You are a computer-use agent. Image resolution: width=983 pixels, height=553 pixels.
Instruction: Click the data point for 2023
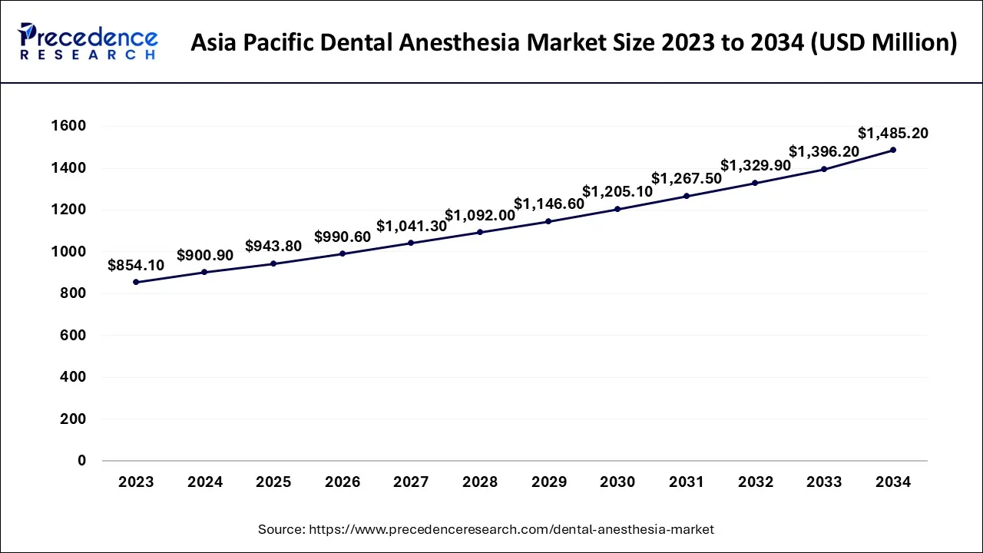coord(136,282)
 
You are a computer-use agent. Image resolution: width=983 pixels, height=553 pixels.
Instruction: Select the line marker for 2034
coord(893,150)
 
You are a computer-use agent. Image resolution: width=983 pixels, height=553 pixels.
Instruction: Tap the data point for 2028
coord(480,232)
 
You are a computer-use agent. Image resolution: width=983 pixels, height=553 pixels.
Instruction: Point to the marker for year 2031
coord(687,196)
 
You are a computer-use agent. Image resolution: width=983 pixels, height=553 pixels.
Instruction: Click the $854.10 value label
coord(136,265)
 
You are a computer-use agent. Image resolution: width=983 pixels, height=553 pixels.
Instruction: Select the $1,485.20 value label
coord(893,133)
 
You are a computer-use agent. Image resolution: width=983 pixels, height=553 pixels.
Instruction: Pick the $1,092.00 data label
coord(480,215)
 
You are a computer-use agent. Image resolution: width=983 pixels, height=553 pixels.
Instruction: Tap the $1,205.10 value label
coord(617,191)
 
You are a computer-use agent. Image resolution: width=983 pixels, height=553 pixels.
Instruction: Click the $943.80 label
coord(273,247)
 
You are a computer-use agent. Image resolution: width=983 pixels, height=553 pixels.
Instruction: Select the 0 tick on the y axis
coord(81,461)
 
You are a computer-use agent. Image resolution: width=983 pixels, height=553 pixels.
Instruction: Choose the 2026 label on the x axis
coord(343,482)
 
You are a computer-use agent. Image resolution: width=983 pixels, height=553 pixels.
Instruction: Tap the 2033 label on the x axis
coord(824,482)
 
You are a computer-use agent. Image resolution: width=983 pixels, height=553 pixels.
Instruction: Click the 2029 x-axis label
coord(549,482)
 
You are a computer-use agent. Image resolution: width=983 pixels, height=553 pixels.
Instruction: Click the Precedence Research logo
coord(88,41)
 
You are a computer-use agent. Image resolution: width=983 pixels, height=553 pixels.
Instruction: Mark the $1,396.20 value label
coord(824,152)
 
